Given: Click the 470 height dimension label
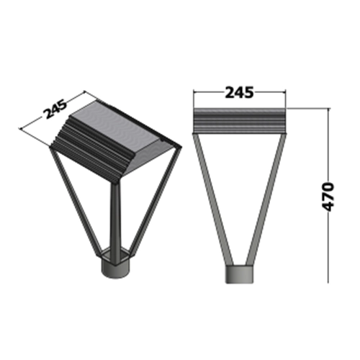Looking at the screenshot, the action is pyautogui.click(x=328, y=197).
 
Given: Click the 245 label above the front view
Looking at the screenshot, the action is pyautogui.click(x=239, y=92).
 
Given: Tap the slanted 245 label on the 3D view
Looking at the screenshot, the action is pyautogui.click(x=55, y=109).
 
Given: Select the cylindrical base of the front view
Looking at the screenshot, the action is pyautogui.click(x=239, y=274).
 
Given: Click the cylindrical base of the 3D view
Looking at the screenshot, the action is pyautogui.click(x=116, y=269).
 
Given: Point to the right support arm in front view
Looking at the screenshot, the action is pyautogui.click(x=266, y=199).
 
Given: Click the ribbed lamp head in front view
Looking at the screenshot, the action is pyautogui.click(x=240, y=121).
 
